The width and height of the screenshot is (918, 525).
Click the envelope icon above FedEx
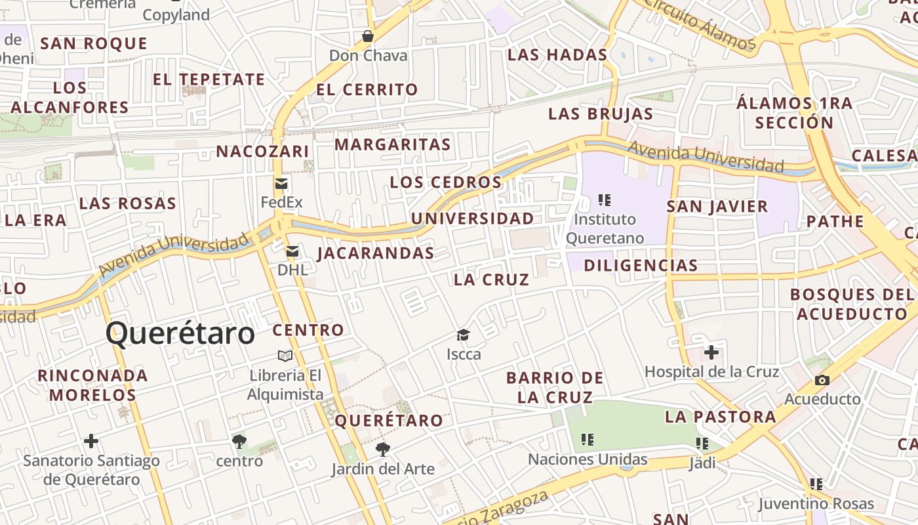coord(281,183)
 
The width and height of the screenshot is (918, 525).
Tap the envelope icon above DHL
coord(292,251)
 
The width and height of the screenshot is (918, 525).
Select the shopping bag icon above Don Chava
coord(368,36)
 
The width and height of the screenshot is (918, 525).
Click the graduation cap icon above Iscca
coord(464,335)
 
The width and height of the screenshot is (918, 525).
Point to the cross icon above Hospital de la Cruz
coord(711,352)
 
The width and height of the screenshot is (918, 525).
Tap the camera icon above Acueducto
coord(822,380)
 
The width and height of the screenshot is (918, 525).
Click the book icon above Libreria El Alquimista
coord(285,356)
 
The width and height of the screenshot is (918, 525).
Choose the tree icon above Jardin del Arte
coord(383,450)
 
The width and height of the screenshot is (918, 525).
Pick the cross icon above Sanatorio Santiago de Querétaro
coord(91,441)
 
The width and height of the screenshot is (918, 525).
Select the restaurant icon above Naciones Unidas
coord(588,440)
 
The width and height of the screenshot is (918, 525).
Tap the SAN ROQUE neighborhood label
coord(94,44)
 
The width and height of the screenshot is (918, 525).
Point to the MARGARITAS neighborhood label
coord(393,144)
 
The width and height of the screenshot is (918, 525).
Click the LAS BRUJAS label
coord(601,114)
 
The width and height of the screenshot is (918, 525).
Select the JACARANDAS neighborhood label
coord(376,253)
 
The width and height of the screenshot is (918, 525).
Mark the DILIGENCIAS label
coord(641,266)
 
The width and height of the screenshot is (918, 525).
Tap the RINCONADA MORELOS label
coord(92,385)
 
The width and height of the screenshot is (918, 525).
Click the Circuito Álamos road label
coord(700,25)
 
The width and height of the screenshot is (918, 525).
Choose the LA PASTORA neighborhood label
coord(721,417)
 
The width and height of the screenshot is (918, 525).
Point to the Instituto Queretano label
coord(605,228)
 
